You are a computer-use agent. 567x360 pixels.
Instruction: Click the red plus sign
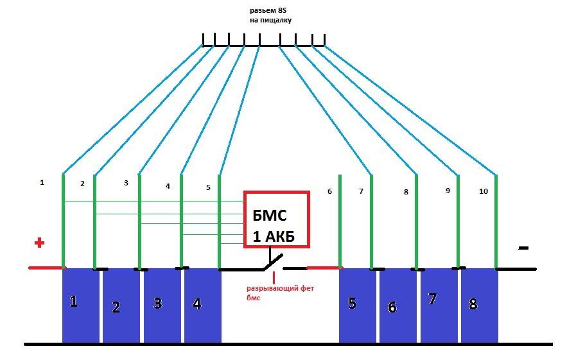pos(39,243)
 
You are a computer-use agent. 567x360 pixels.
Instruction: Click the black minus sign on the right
pos(523,247)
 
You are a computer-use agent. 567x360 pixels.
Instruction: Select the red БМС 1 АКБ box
pos(277,219)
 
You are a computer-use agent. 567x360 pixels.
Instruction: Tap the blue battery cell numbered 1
pos(80,305)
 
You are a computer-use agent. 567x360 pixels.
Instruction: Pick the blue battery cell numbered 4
pos(202,305)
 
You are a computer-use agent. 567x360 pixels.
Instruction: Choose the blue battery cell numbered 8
pos(479,305)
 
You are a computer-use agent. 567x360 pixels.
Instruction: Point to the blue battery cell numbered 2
pos(121,306)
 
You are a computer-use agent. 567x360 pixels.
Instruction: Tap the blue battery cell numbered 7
pos(439,305)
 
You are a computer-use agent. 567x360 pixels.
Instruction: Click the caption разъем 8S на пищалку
pos(271,15)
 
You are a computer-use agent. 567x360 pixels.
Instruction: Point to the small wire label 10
pos(484,191)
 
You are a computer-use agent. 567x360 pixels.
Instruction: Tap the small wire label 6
pos(329,191)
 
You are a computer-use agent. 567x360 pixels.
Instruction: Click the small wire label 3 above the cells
pos(126,183)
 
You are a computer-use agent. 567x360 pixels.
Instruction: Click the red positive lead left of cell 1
pos(46,268)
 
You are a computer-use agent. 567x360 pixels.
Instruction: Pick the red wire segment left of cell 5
pos(323,268)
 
